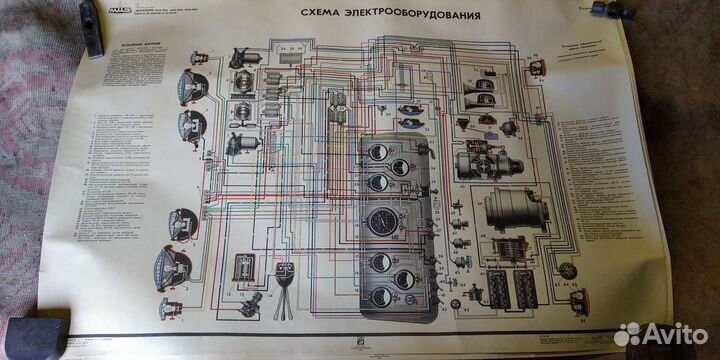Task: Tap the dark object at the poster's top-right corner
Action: click(x=613, y=11)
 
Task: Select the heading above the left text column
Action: click(x=132, y=46)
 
